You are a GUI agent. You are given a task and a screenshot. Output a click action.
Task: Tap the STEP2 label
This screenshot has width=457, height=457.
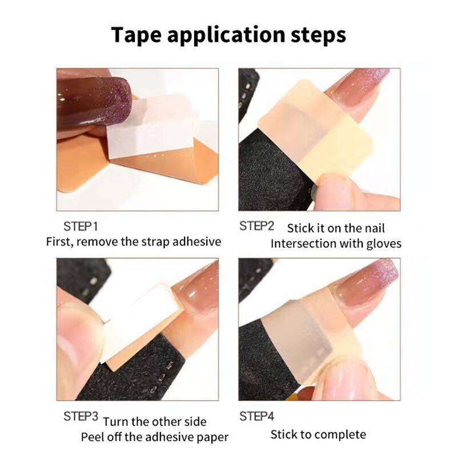[257, 226]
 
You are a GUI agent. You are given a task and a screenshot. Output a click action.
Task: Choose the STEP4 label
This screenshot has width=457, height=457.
[257, 416]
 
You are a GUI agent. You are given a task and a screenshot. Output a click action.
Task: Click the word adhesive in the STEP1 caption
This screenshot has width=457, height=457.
[194, 241]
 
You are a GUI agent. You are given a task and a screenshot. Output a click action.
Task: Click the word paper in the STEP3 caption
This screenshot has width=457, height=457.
[211, 437]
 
